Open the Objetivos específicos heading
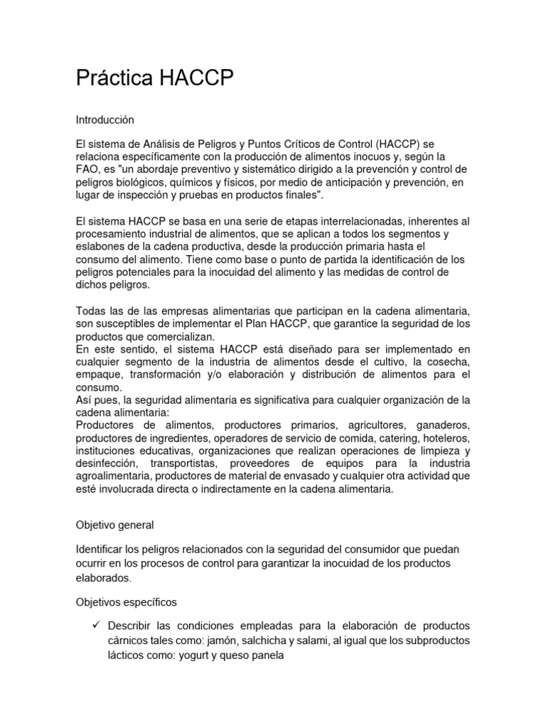click(126, 601)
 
